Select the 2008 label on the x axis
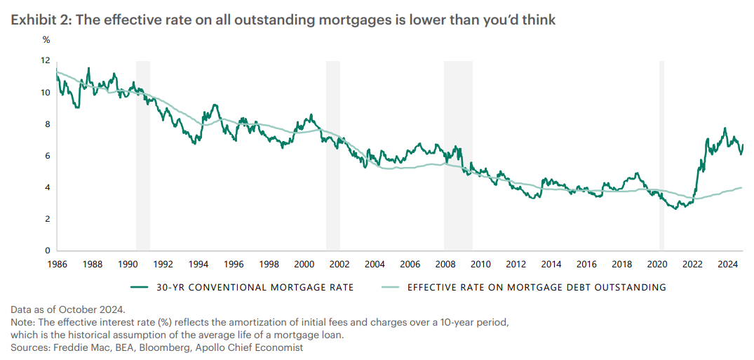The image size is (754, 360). point(445,265)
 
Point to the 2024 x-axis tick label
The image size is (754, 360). point(727,265)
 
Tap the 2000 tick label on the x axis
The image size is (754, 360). point(303,265)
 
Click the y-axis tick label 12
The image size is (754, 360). point(46,61)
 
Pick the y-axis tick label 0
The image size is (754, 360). point(48,251)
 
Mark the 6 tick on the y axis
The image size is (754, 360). point(48,156)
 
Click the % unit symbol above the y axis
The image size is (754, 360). point(46,40)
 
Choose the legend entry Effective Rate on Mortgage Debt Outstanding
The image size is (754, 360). point(536,287)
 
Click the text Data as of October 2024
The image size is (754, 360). point(69,309)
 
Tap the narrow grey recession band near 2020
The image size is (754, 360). point(661,156)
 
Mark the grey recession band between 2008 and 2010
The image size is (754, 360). point(458,156)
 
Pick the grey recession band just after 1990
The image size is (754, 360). point(143,156)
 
